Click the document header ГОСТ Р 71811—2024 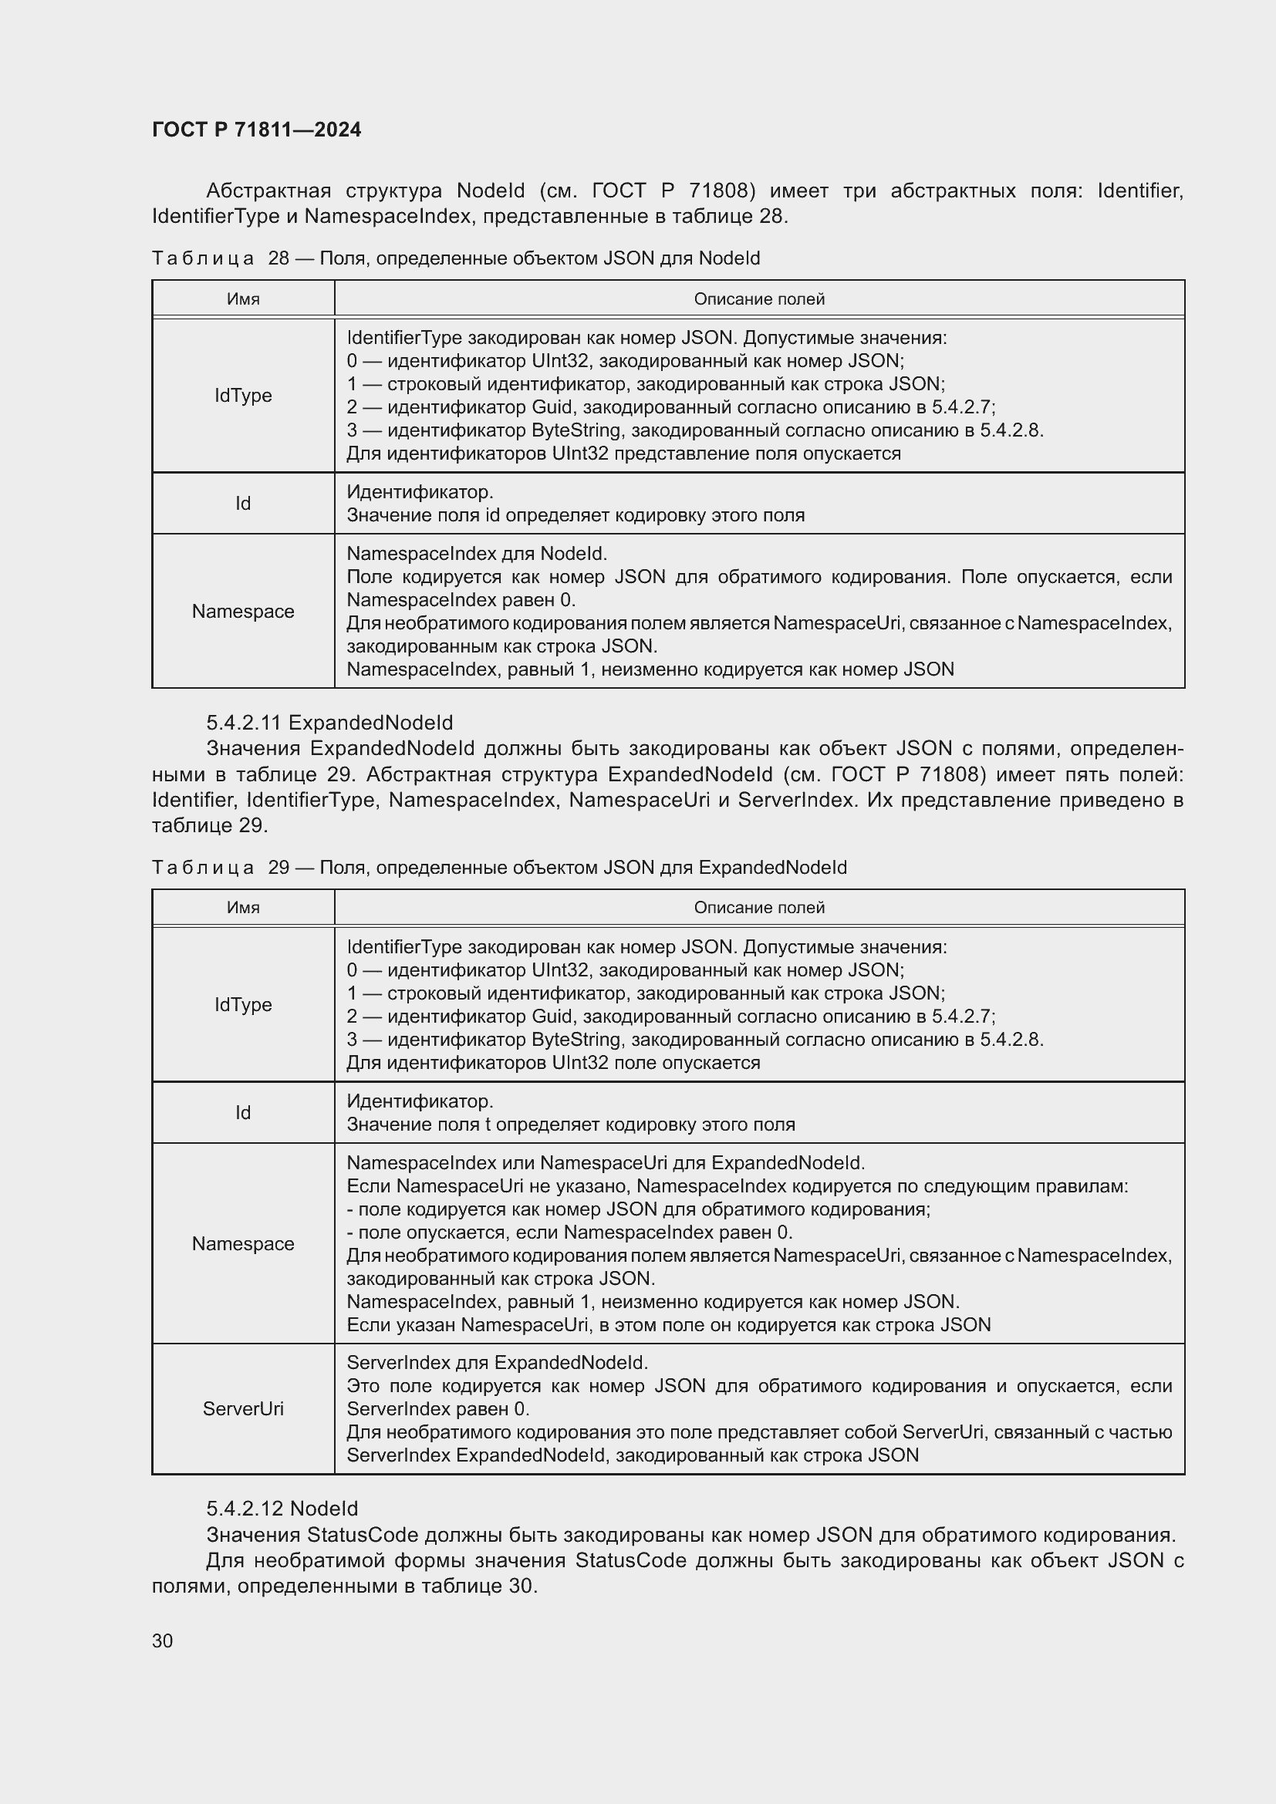coord(256,130)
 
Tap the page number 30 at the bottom coord(162,1640)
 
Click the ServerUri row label coord(243,1409)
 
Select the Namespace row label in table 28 coord(243,612)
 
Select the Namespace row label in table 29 coord(243,1244)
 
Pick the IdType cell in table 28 coord(243,395)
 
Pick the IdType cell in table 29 coord(243,1005)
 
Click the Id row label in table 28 coord(243,504)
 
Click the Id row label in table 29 coord(243,1113)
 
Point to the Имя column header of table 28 coord(243,298)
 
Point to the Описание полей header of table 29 coord(759,908)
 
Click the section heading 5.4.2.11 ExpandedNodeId coord(329,723)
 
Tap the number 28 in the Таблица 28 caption coord(279,258)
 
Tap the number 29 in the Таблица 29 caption coord(279,868)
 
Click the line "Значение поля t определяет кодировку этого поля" coord(570,1125)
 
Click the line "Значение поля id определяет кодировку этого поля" coord(576,515)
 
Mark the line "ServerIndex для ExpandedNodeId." coord(497,1362)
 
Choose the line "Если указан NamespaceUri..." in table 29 coord(668,1325)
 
